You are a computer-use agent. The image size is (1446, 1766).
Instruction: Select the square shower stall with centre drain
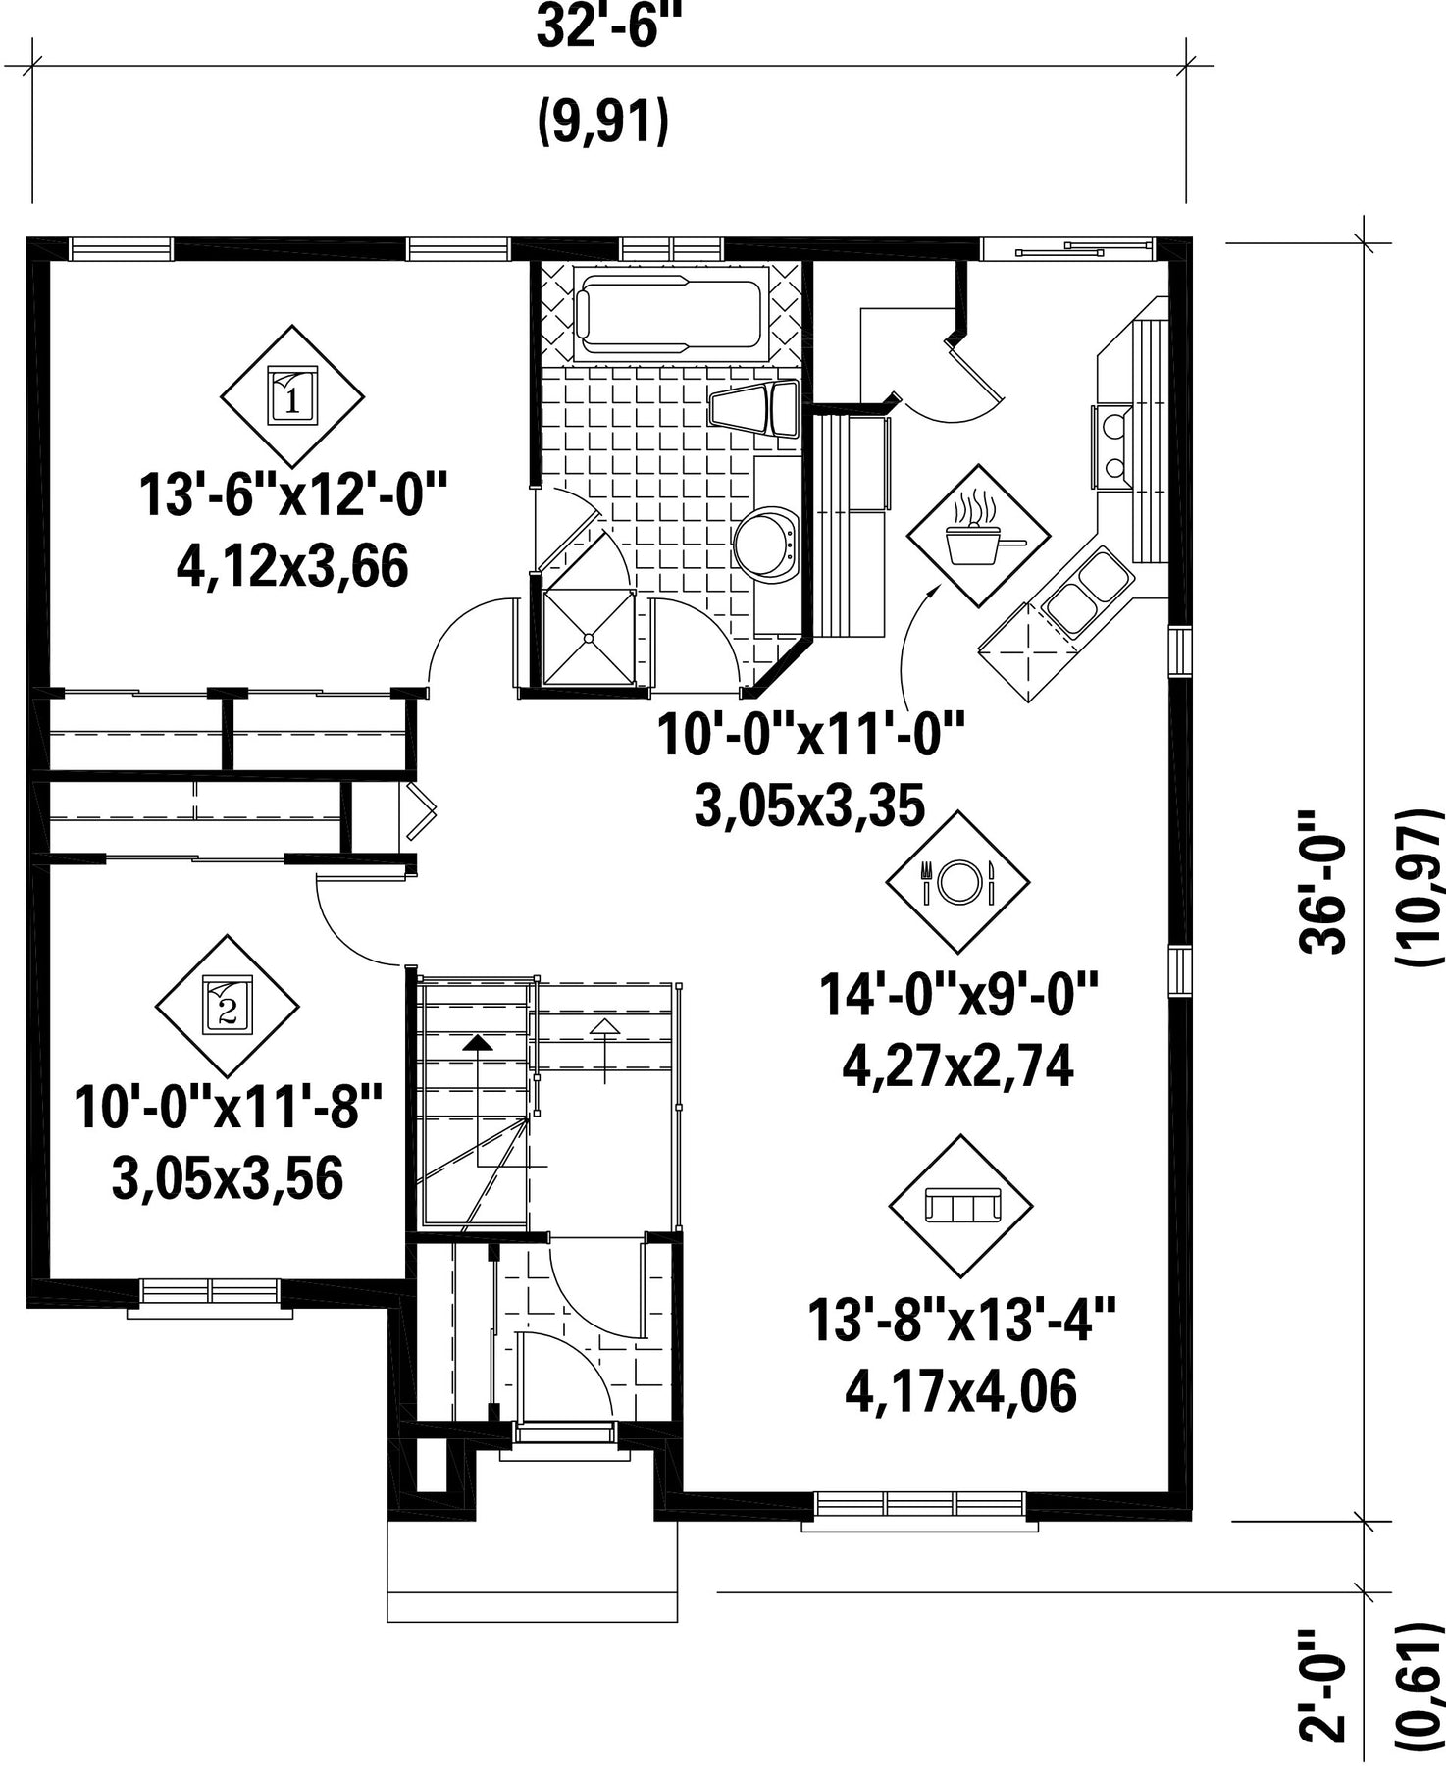588,637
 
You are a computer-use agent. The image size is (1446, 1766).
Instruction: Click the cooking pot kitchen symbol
978,536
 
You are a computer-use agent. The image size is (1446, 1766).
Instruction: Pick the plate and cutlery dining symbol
958,882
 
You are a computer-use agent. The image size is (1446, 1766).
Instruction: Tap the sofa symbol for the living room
961,1206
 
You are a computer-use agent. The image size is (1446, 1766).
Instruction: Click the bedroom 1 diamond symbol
291,396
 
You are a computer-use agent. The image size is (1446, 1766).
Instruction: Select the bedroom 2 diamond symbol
228,1006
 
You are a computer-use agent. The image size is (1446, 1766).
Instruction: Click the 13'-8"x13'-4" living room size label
961,1320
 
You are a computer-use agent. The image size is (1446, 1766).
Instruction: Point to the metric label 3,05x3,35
810,806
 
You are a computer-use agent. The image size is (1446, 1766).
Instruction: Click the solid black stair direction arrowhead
478,1043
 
